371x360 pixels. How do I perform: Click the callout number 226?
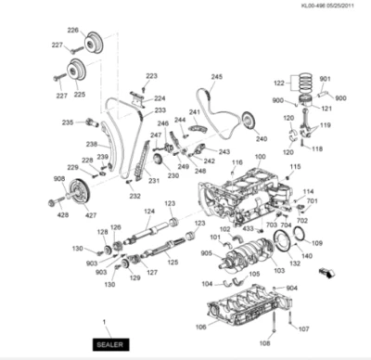point(73,30)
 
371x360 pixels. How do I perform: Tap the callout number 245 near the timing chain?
point(216,77)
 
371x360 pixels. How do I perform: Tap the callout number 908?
point(59,179)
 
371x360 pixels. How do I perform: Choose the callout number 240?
point(261,137)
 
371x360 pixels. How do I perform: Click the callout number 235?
point(68,122)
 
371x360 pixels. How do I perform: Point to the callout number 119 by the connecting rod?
point(326,125)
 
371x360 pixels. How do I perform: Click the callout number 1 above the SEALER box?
point(105,321)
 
